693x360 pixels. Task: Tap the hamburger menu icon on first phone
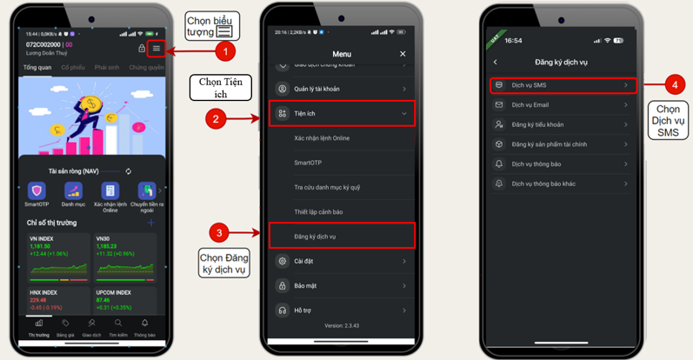pyautogui.click(x=157, y=49)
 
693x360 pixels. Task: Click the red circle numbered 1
pyautogui.click(x=227, y=52)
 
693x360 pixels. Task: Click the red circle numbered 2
pyautogui.click(x=215, y=120)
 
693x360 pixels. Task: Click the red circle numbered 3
pyautogui.click(x=221, y=232)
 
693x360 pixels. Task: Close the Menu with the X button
pyautogui.click(x=403, y=54)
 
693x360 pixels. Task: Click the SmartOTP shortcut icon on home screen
pyautogui.click(x=37, y=193)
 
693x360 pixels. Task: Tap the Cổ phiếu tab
pyautogui.click(x=73, y=67)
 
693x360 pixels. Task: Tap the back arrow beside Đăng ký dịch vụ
pyautogui.click(x=496, y=62)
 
